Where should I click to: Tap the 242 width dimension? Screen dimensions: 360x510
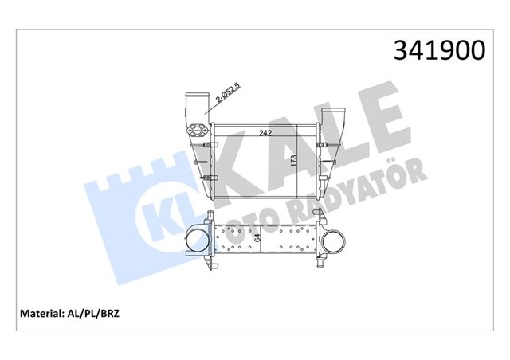pyautogui.click(x=265, y=134)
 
